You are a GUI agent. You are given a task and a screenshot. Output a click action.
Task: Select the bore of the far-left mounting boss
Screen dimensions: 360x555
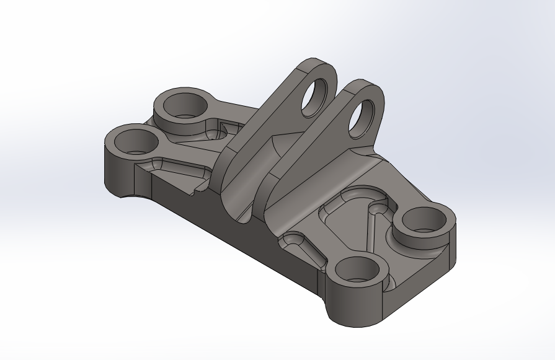[135, 142]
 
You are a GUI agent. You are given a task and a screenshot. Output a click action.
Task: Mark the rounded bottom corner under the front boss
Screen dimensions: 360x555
[353, 319]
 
